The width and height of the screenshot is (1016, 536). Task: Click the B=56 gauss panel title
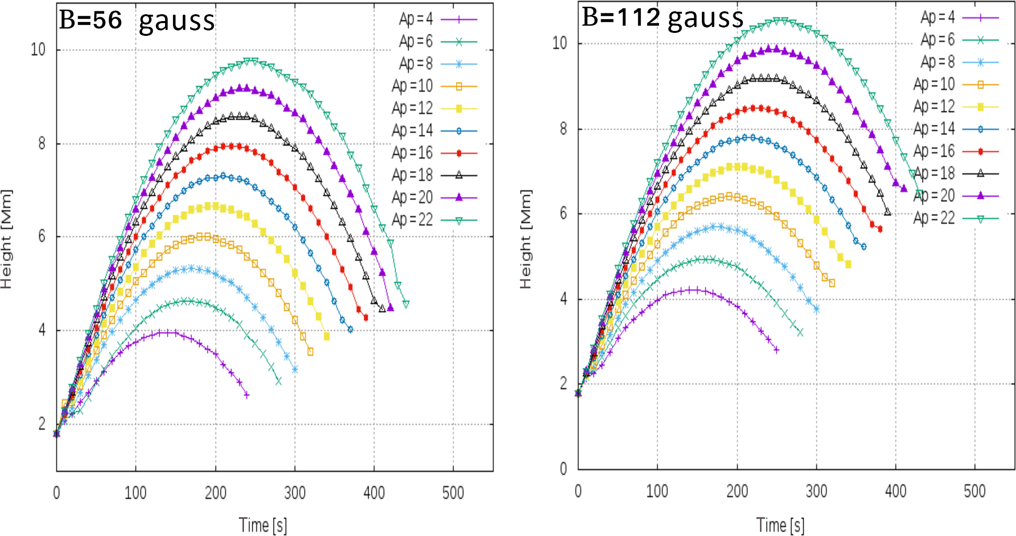pos(137,21)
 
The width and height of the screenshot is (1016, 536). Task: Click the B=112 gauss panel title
pos(662,18)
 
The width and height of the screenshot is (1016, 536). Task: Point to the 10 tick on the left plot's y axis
pos(38,50)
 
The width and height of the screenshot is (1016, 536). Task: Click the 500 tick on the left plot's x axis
pos(453,492)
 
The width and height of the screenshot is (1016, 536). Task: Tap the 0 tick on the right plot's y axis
pos(564,469)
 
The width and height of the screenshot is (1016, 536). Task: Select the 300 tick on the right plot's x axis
pos(816,491)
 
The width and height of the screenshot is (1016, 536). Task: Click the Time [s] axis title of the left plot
pos(263,525)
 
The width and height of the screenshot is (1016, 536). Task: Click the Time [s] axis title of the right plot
pos(780,525)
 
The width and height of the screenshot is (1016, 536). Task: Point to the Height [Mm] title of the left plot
pos(6,239)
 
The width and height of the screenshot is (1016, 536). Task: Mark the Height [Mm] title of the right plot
pos(526,239)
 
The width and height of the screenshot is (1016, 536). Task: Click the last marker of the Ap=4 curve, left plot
pos(247,395)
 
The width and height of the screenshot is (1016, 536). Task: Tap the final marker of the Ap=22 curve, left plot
pos(406,304)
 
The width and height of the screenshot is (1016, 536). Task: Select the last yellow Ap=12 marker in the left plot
pos(327,336)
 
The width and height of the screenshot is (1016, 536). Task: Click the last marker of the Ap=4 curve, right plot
pos(777,350)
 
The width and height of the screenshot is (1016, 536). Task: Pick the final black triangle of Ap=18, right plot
pos(888,212)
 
